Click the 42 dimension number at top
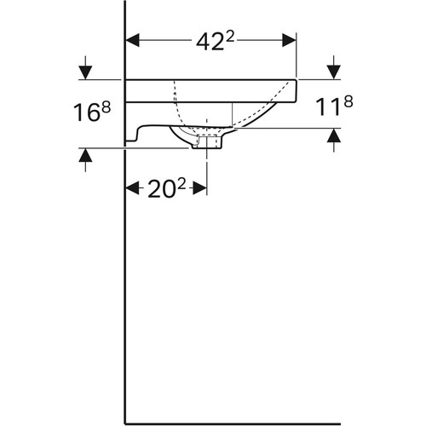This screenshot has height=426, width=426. click(x=210, y=43)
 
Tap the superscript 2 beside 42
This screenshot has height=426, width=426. click(x=230, y=37)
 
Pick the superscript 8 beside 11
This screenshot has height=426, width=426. click(x=348, y=101)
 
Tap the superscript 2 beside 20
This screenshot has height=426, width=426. click(x=181, y=184)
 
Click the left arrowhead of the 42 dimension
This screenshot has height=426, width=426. click(x=133, y=40)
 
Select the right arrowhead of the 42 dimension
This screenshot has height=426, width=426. click(x=289, y=40)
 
